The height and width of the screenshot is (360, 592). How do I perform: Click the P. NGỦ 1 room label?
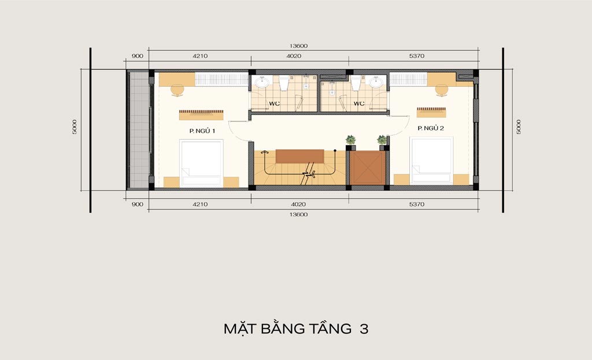tap(202, 131)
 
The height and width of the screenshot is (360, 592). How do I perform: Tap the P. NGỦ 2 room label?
tap(430, 128)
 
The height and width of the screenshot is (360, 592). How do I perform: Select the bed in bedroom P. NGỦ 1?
tap(201, 164)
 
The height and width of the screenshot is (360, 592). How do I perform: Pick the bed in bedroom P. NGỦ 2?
tap(431, 161)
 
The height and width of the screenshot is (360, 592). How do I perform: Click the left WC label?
tap(275, 103)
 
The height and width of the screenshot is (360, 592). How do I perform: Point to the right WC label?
tap(359, 103)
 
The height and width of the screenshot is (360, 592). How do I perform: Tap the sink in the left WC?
tap(261, 82)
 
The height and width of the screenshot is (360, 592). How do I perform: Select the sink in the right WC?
tap(376, 82)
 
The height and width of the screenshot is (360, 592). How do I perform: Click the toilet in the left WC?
tap(284, 83)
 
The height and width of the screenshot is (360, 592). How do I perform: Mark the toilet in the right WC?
tap(356, 83)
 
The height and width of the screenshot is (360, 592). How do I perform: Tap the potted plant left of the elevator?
tap(351, 140)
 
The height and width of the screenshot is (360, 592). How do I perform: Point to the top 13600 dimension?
tap(299, 46)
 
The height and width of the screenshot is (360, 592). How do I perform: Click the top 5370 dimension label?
tap(417, 56)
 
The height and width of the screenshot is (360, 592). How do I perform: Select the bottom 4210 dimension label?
tap(200, 204)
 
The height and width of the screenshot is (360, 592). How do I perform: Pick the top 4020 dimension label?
tap(294, 56)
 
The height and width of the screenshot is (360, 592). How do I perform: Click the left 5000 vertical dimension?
tap(75, 127)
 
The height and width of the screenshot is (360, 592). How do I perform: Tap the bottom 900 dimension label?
tap(138, 204)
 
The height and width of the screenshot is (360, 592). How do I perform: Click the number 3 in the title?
tap(364, 329)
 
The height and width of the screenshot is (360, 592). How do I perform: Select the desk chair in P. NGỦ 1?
tap(177, 91)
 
